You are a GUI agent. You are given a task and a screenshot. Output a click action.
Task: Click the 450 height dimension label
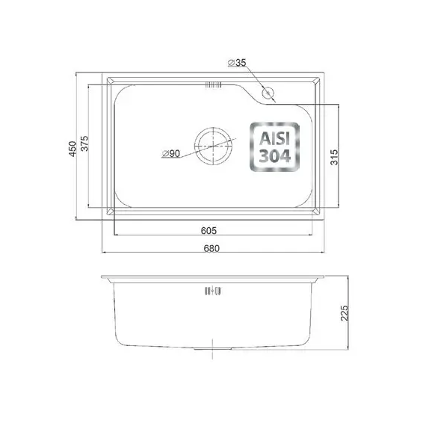click(x=72, y=149)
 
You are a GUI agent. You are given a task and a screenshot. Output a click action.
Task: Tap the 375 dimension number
click(x=84, y=143)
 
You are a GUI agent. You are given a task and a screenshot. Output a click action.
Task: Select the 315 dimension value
click(x=334, y=157)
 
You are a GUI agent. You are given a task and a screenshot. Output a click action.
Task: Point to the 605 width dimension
click(x=209, y=231)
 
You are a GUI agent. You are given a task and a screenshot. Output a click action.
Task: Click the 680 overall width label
click(x=212, y=248)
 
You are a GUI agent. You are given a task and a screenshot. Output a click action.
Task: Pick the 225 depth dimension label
click(x=345, y=313)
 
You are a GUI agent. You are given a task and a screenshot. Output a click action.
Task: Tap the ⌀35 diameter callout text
click(x=237, y=63)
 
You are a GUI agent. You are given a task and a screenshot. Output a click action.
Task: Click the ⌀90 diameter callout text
click(x=171, y=154)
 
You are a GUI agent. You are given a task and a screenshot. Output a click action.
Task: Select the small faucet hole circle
click(x=268, y=93)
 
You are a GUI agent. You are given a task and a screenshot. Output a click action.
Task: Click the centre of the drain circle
click(x=213, y=146)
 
